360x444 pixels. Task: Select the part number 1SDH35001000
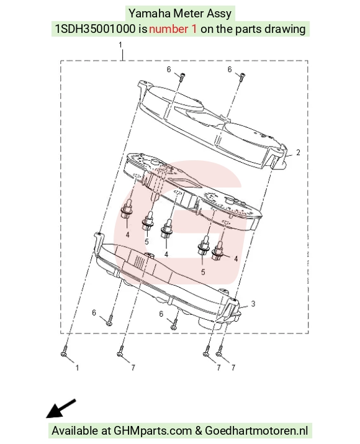coord(95,29)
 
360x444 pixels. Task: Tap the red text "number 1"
coord(173,29)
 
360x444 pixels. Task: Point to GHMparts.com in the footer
coord(152,431)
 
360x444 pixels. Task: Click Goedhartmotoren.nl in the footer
coord(256,431)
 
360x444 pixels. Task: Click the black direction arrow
coord(61,409)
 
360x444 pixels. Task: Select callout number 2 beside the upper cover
coord(298,152)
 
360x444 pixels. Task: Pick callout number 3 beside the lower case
coord(253,304)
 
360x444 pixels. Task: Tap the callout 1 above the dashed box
coord(120,45)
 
